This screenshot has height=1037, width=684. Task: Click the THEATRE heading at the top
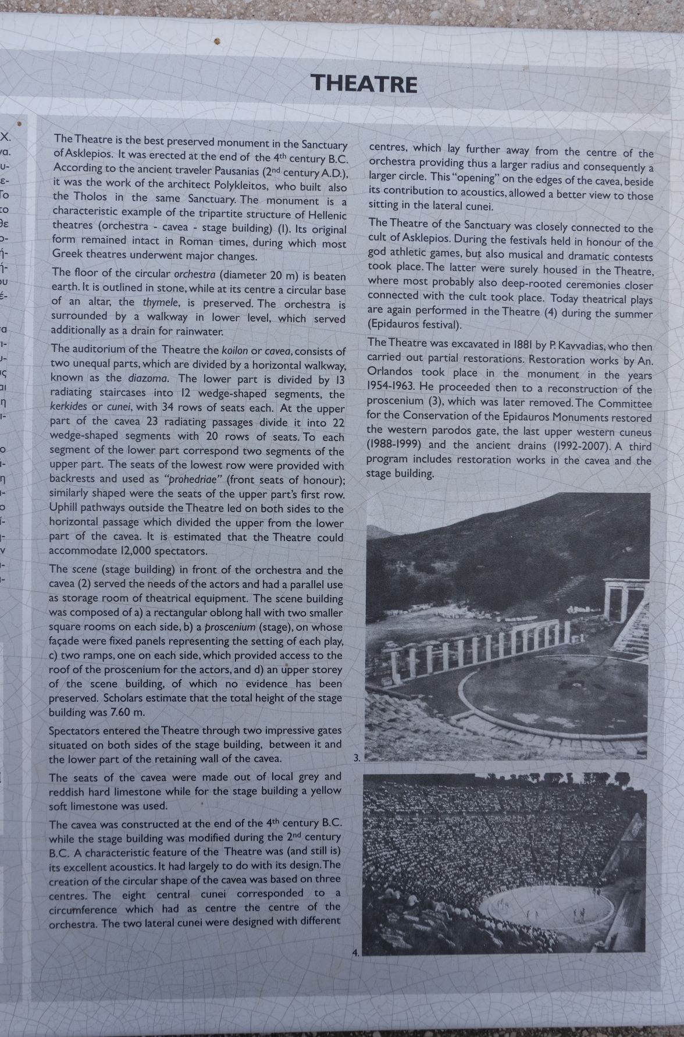[364, 84]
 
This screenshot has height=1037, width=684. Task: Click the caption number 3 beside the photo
[357, 758]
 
